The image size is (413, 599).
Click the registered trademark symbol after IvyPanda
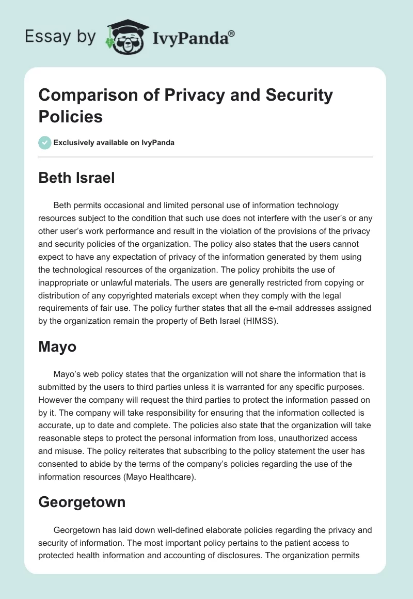(231, 33)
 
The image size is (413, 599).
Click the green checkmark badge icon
(45, 143)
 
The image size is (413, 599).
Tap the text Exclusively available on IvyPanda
(114, 143)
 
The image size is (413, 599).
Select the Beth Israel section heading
(76, 178)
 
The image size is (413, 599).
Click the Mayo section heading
(57, 346)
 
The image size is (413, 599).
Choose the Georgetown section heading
(82, 501)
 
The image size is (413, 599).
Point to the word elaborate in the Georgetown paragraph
(203, 530)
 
